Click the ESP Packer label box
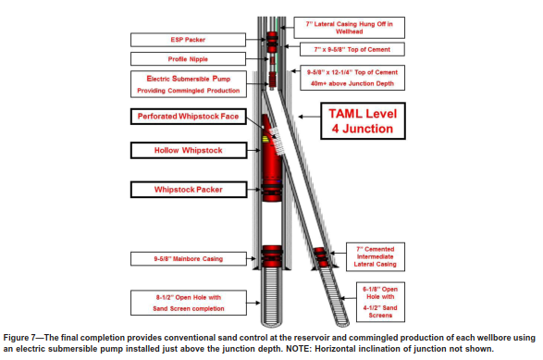[x=188, y=40]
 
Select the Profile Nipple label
[x=188, y=59]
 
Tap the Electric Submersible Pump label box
[x=189, y=84]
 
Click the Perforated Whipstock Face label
[x=188, y=117]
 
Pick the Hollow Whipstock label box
[x=189, y=150]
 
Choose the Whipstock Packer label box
[x=189, y=190]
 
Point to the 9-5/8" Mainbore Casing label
[x=189, y=259]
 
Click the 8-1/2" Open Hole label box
[x=189, y=303]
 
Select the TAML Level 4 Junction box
[x=363, y=121]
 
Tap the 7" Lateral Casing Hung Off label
[x=349, y=28]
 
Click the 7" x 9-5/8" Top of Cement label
[x=352, y=50]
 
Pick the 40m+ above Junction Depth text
[x=352, y=83]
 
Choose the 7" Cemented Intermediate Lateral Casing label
[x=375, y=256]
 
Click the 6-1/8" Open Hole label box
[x=380, y=302]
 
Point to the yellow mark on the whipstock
[x=265, y=140]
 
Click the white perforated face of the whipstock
[x=278, y=141]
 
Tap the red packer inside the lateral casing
[x=320, y=257]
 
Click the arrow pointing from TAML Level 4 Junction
[x=309, y=117]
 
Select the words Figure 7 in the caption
[x=17, y=338]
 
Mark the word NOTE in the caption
[x=295, y=349]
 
